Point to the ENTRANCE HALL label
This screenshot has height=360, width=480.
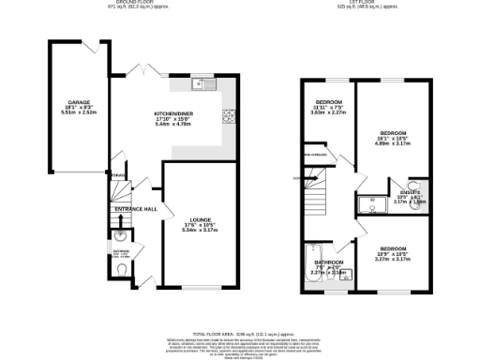[x=137, y=209]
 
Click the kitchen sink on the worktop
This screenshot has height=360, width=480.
[x=200, y=85]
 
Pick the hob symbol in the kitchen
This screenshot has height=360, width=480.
[x=228, y=116]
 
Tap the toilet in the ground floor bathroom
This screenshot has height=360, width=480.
[x=125, y=269]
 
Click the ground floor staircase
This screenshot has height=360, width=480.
[x=116, y=192]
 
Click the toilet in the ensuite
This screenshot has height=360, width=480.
[x=414, y=185]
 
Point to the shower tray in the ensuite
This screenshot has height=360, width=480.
[x=368, y=200]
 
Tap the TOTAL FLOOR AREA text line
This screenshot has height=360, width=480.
[x=239, y=333]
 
